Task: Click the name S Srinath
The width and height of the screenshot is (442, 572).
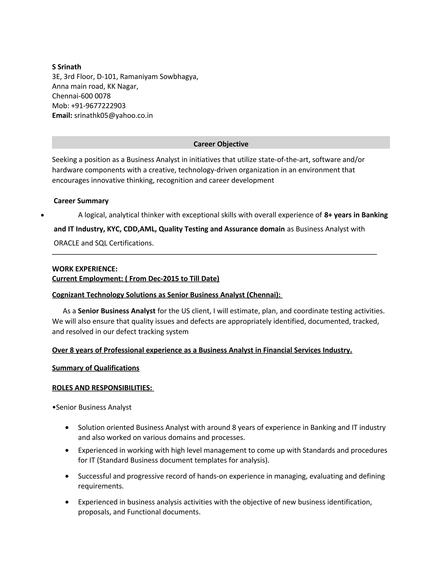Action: [x=66, y=67]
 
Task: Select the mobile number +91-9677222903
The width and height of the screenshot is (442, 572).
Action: [x=98, y=106]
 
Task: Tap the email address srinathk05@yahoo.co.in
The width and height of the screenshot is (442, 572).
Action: [x=113, y=115]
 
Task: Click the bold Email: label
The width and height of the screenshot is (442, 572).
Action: [x=62, y=115]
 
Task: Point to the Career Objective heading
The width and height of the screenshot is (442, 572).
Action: [x=221, y=144]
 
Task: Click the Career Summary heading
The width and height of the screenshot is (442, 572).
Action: [x=81, y=201]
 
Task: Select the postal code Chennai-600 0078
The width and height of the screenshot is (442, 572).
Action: [x=81, y=96]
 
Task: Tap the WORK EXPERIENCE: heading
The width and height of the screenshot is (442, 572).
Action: [x=85, y=269]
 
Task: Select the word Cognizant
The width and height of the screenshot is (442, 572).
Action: [x=68, y=295]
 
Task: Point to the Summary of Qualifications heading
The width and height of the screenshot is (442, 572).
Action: [x=96, y=368]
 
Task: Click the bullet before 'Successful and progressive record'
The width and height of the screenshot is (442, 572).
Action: [x=67, y=476]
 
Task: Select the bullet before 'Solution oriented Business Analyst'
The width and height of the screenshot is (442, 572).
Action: [x=67, y=428]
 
